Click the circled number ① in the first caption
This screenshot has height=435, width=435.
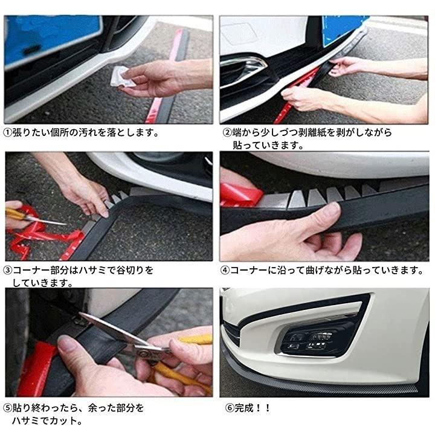click(x=8, y=132)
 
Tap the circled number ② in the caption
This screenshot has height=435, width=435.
click(x=227, y=132)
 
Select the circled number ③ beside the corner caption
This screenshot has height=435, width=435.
click(x=8, y=270)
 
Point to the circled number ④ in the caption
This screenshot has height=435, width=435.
click(x=225, y=270)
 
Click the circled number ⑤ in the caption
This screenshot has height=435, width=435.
click(x=8, y=408)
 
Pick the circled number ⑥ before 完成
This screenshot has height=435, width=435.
click(x=230, y=408)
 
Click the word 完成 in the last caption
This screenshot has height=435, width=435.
click(x=244, y=408)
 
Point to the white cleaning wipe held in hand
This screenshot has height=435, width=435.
click(x=121, y=76)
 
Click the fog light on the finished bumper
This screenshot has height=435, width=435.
click(x=310, y=341)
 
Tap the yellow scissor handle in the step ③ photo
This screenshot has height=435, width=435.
click(x=15, y=214)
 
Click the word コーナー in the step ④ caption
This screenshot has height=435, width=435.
click(x=248, y=270)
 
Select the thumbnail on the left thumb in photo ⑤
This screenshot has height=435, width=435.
click(x=66, y=343)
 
